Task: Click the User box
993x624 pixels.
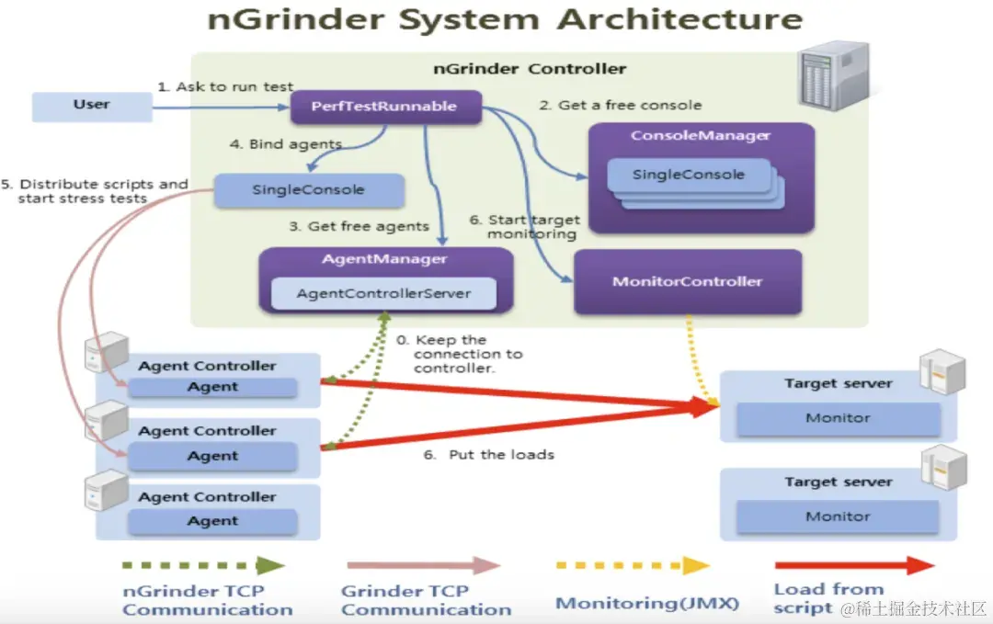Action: tap(92, 106)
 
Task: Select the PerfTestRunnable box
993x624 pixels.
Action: tap(384, 107)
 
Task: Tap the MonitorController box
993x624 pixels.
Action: tap(688, 282)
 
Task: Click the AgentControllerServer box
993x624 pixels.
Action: tap(383, 294)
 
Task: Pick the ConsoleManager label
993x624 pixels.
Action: tap(701, 136)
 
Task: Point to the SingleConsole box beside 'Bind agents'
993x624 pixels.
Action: tap(309, 190)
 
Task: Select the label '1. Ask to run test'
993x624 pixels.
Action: tap(225, 86)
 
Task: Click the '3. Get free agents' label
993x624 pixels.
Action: tap(359, 226)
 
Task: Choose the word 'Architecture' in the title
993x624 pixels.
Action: tap(681, 19)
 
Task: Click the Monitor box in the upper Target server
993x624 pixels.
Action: tap(838, 418)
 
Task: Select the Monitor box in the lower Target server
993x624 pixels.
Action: tap(838, 517)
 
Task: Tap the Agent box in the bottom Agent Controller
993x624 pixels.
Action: tap(212, 521)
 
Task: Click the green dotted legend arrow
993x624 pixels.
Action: tap(202, 565)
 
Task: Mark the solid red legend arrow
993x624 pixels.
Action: tap(854, 565)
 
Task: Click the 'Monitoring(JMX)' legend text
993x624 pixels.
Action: tap(647, 603)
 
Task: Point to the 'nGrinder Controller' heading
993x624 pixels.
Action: tap(530, 69)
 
